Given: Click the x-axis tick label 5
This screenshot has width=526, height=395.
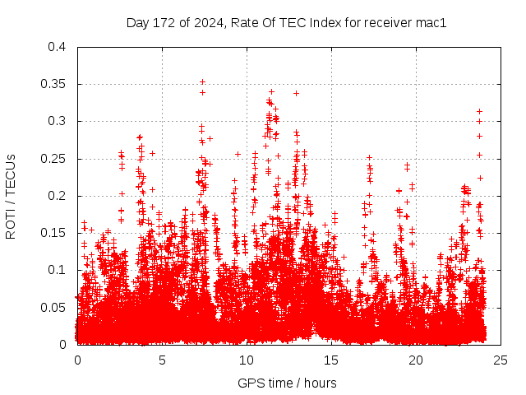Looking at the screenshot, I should (162, 360).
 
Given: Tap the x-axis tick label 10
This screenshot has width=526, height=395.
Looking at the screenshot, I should (247, 360).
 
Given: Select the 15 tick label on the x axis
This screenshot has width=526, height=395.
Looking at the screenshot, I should (331, 360).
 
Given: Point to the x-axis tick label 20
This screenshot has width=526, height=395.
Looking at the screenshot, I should (416, 360).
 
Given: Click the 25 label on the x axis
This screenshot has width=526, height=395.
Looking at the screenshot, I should (501, 360).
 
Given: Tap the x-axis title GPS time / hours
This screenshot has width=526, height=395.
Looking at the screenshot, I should (287, 383).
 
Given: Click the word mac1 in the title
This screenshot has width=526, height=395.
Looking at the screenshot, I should (431, 23).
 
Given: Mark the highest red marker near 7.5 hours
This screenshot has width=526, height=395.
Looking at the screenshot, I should (202, 82).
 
